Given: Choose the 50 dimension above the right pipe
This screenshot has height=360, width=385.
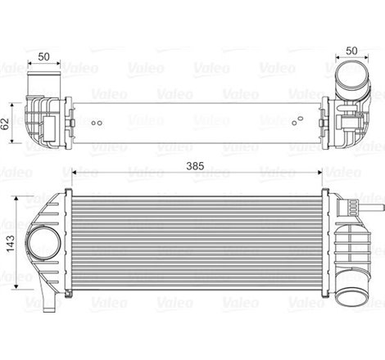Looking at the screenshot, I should (351, 52).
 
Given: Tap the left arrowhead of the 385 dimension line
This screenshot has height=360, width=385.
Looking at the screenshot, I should (75, 173).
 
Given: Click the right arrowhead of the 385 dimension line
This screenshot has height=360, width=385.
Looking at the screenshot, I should (318, 173).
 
